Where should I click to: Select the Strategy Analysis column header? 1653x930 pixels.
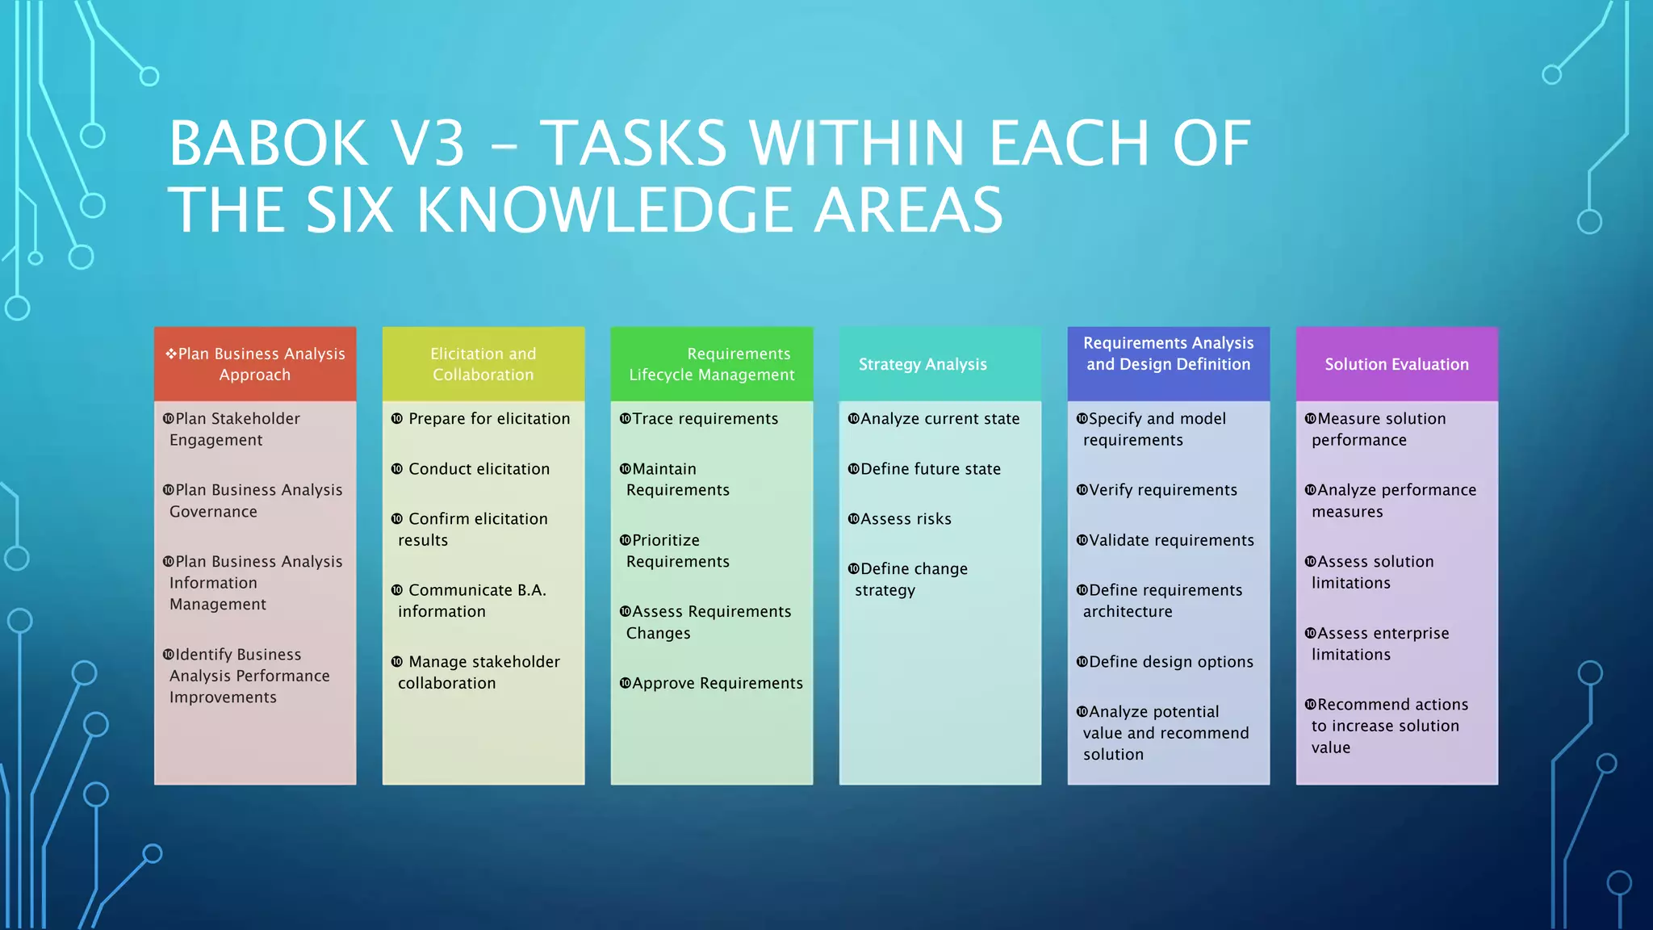tap(923, 364)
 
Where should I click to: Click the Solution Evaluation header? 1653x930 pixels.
tap(1396, 364)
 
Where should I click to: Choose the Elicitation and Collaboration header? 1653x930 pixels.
tap(483, 364)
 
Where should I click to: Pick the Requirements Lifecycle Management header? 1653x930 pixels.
tap(712, 364)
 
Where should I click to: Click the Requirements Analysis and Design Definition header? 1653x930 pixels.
tap(1168, 354)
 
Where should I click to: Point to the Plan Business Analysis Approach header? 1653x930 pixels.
tap(255, 364)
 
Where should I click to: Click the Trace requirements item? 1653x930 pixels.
tap(705, 419)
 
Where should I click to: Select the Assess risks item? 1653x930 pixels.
tap(906, 519)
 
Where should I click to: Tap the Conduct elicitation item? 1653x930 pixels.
tap(479, 469)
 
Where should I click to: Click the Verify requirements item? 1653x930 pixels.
tap(1162, 490)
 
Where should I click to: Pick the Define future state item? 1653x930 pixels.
tap(930, 469)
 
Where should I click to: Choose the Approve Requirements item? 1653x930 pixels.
tap(717, 683)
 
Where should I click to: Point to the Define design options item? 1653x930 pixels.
tap(1170, 662)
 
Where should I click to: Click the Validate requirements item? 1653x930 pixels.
tap(1171, 540)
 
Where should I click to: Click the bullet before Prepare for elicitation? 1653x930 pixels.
tap(397, 419)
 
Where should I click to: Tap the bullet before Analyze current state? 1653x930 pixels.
tap(853, 419)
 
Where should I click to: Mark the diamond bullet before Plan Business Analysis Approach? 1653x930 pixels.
tap(170, 354)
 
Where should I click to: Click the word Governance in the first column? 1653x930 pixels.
tap(213, 512)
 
